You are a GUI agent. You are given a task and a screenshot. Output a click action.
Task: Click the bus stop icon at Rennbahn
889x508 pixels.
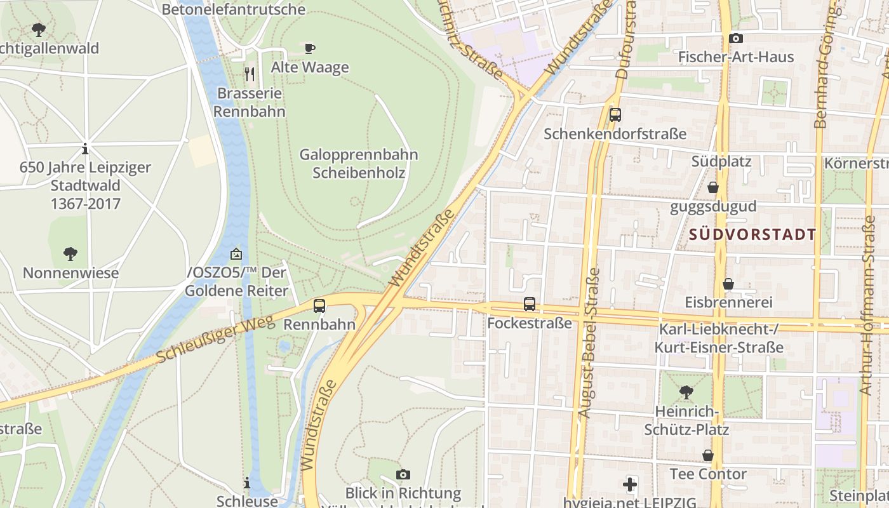(319, 305)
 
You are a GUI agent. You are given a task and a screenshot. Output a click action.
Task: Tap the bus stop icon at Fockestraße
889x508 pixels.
(530, 304)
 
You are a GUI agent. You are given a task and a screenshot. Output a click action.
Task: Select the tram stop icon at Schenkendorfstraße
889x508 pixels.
(615, 115)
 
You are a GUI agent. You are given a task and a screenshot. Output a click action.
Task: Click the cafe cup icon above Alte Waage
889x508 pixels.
(310, 48)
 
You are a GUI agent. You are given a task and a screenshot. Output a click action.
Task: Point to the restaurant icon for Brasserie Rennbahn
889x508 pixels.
(250, 74)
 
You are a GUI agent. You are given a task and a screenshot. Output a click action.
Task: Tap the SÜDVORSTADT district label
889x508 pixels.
(752, 234)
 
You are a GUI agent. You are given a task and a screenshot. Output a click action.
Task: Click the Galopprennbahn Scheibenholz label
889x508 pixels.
(359, 163)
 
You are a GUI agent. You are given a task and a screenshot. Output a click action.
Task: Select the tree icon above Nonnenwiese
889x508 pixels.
(70, 254)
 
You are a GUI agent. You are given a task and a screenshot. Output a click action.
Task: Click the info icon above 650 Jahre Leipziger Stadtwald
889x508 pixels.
(85, 149)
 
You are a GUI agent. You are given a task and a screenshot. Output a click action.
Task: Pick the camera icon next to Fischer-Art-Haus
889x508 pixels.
(736, 39)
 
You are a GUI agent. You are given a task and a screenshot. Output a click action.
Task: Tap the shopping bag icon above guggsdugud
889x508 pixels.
(713, 187)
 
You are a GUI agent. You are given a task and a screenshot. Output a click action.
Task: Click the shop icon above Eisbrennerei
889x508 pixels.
(728, 284)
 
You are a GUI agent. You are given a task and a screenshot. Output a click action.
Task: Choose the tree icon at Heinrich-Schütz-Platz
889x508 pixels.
(686, 392)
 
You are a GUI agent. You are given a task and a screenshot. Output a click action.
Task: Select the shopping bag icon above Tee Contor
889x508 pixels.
(708, 455)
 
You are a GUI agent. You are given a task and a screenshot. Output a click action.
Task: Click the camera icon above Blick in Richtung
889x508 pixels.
(403, 474)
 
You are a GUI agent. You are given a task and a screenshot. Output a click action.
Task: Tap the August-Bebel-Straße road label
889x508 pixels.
(589, 343)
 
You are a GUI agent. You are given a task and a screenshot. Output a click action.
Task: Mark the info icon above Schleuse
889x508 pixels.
(247, 483)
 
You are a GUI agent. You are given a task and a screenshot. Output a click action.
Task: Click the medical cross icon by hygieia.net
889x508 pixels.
(629, 485)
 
